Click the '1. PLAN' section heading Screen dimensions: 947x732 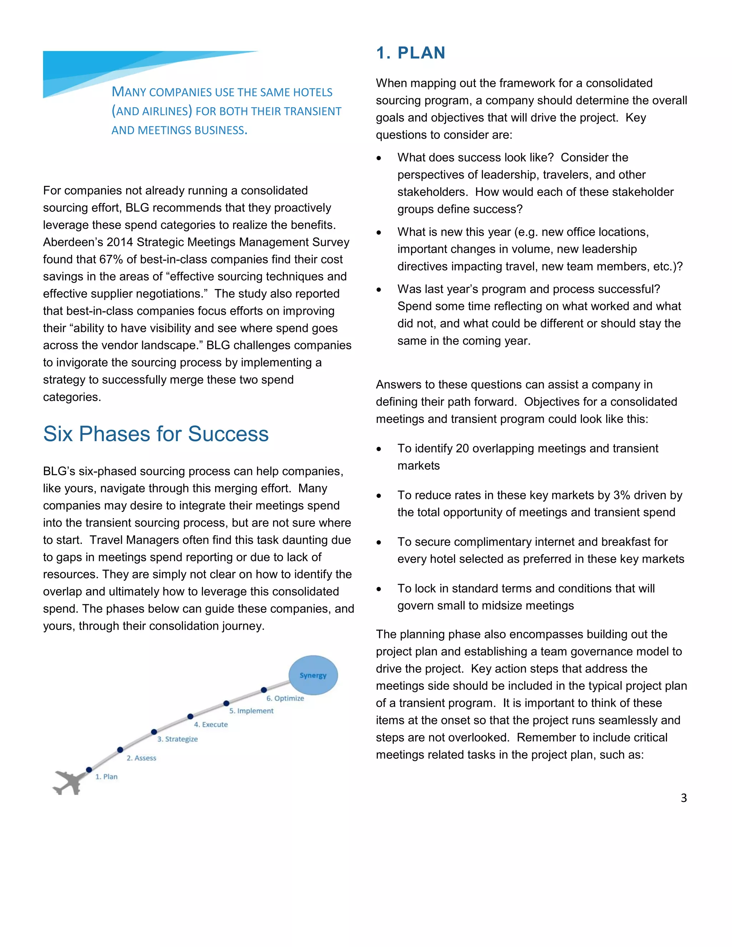pyautogui.click(x=410, y=53)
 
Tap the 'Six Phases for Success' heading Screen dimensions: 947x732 pyautogui.click(x=156, y=433)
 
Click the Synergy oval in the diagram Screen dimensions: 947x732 pyautogui.click(x=313, y=675)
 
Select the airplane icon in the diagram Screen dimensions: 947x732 pyautogui.click(x=68, y=782)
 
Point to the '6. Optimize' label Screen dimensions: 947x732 pyautogui.click(x=285, y=698)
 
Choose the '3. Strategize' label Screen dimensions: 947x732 pyautogui.click(x=177, y=739)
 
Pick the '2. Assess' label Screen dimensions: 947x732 pyautogui.click(x=142, y=758)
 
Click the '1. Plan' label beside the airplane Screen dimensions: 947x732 pyautogui.click(x=106, y=777)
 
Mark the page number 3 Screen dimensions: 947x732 pyautogui.click(x=683, y=798)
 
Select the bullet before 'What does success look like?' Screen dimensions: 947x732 pyautogui.click(x=379, y=158)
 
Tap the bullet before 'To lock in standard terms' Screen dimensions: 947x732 pyautogui.click(x=379, y=589)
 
